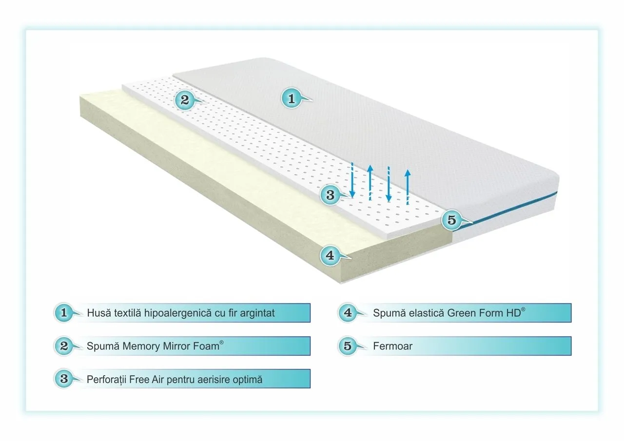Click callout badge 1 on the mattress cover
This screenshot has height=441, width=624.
pos(292,98)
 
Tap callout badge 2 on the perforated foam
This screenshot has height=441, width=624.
pos(184,100)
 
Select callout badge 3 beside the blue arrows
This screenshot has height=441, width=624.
pos(330,195)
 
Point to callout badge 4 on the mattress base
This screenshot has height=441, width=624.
pos(330,255)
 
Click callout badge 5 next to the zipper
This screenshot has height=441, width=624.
pos(452,220)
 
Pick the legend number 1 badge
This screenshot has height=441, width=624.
pos(64,313)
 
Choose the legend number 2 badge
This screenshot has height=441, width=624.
pos(64,346)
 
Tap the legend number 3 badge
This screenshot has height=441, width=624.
pos(64,379)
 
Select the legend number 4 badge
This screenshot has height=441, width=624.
pos(348,313)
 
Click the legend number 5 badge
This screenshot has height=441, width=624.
pos(348,346)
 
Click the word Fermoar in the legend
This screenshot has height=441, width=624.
pos(392,346)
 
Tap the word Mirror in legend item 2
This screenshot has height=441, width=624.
pos(175,346)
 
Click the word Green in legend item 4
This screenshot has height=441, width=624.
pos(461,313)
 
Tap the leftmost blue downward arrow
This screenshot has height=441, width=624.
pos(352,180)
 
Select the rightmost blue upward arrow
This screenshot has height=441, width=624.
pos(408,188)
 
